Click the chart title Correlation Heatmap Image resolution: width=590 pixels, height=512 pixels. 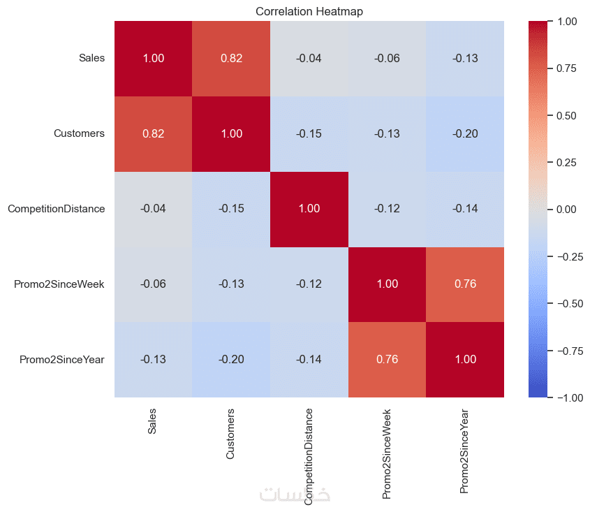[309, 11]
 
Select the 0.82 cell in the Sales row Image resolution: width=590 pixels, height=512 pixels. [231, 59]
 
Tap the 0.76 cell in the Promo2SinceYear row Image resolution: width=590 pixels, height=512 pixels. [387, 360]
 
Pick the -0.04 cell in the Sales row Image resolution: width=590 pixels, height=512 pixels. [309, 59]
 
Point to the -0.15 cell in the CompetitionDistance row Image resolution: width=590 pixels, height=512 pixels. [231, 209]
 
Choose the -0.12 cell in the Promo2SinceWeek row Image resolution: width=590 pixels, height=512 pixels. [309, 284]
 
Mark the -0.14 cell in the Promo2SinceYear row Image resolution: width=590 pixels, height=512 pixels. [309, 360]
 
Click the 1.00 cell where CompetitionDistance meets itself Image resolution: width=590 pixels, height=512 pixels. [309, 209]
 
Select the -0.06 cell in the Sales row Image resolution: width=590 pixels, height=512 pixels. [387, 59]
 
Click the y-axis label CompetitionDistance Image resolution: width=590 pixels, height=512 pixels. [57, 209]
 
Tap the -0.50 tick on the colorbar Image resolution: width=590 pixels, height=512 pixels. [568, 303]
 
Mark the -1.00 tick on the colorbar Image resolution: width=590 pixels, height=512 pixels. [568, 397]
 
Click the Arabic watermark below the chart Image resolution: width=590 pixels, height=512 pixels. [295, 495]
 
